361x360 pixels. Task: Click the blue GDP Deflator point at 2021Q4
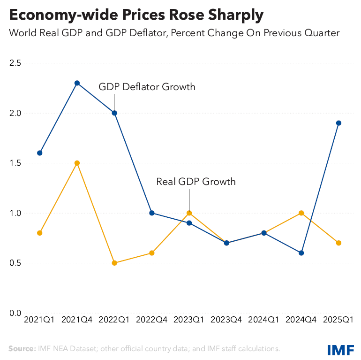tap(77, 83)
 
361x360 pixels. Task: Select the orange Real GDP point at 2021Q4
tap(77, 163)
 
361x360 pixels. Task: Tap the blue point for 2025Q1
tap(338, 123)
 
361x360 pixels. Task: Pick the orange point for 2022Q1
tap(114, 263)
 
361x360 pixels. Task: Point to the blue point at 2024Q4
tap(301, 253)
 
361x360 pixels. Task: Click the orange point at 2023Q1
tap(189, 213)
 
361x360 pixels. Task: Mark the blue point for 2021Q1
tap(40, 153)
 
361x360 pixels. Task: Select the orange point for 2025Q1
tap(338, 243)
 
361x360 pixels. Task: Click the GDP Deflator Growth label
tap(147, 87)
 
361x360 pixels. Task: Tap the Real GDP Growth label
tap(196, 181)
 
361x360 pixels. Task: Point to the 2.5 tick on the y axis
tap(15, 63)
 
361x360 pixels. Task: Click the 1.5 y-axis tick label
tap(15, 163)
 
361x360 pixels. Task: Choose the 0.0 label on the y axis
tap(15, 313)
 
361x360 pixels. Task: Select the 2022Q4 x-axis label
tap(152, 320)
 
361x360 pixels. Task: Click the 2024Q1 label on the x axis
tap(264, 320)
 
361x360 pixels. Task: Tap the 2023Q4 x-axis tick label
tap(226, 320)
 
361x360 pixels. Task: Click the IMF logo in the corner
tap(341, 350)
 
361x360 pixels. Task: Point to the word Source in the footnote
tap(22, 349)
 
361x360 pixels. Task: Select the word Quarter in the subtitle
tap(322, 33)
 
